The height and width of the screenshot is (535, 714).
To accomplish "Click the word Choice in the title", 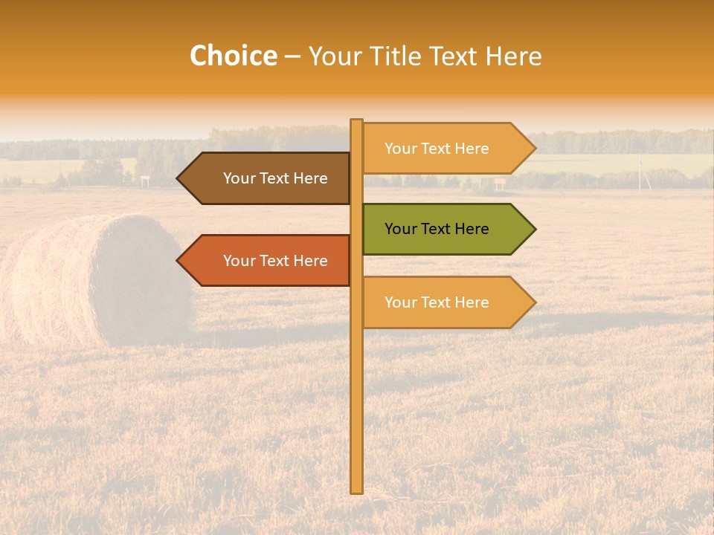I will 233,56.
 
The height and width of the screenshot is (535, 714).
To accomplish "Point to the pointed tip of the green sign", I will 533,229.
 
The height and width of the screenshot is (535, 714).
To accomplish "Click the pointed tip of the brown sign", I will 178,178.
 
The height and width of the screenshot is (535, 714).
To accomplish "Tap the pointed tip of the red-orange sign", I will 178,261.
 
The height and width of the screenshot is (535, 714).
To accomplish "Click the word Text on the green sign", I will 436,229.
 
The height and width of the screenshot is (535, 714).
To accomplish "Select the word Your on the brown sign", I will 239,178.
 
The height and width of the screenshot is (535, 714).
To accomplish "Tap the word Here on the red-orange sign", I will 310,261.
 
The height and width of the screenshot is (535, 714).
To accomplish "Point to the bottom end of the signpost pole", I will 356,490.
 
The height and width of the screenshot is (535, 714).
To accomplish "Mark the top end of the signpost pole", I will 356,121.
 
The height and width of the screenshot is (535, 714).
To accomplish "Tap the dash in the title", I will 292,56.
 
